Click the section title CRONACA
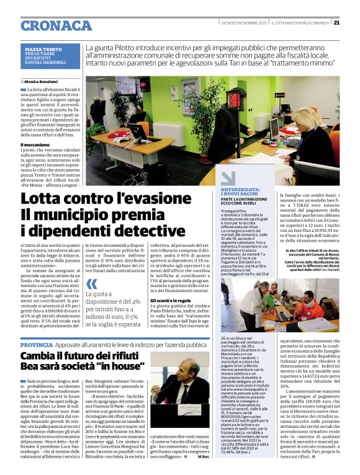coord(56,25)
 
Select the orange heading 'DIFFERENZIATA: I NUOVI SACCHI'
coord(241,192)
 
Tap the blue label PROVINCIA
coord(37,344)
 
